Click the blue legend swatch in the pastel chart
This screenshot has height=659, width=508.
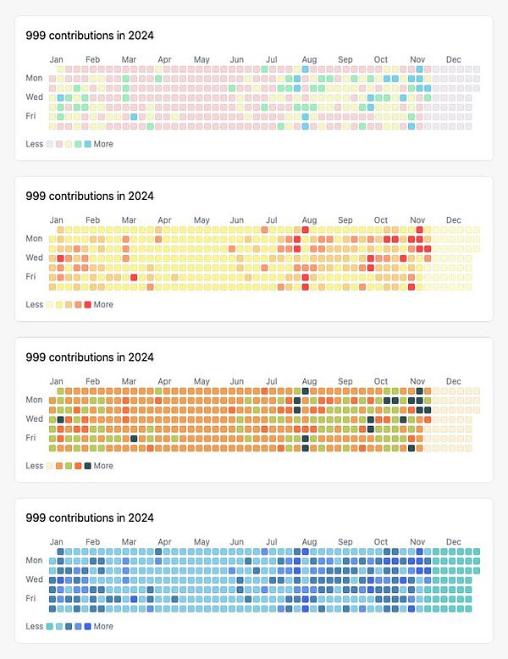coord(88,144)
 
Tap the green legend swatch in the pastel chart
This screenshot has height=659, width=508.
coord(79,144)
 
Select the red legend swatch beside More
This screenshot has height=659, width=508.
coord(88,305)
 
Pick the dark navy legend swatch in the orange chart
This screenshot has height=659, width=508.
coord(88,466)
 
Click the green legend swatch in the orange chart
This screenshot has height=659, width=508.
coord(69,466)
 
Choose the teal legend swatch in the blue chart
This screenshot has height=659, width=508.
coord(50,627)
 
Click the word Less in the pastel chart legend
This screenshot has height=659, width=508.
coord(35,144)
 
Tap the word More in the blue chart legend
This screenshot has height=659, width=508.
coord(103,627)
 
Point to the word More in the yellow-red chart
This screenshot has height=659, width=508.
coord(103,305)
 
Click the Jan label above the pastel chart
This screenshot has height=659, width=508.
coord(57,59)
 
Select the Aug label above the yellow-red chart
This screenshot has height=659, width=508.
coord(310,220)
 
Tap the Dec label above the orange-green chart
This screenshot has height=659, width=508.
coord(454,381)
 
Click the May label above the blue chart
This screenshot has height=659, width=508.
coord(202,542)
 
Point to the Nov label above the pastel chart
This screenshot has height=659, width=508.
coord(417,59)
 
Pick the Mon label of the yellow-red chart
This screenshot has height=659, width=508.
coord(34,239)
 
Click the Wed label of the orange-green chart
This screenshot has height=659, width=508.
coord(34,418)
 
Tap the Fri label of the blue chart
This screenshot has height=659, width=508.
coord(31,598)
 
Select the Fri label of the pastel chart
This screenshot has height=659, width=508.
coord(31,115)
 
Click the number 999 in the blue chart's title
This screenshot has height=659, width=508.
coord(36,518)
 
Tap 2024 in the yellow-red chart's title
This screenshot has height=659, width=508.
coord(141,196)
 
